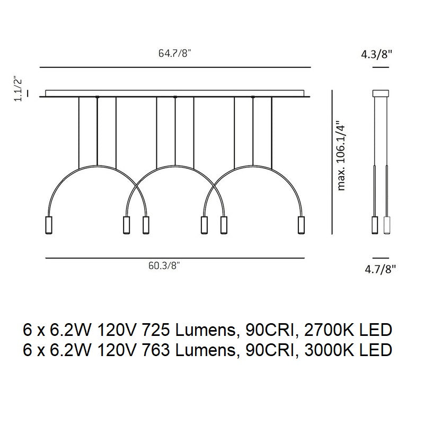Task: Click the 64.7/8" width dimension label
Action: [175, 53]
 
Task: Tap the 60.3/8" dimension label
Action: [164, 266]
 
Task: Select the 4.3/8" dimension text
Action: [376, 55]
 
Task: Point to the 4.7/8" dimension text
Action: [380, 269]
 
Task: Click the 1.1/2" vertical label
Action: [18, 89]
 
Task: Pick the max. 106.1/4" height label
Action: [341, 155]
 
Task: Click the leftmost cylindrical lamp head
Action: [49, 224]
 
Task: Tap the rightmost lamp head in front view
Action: [301, 224]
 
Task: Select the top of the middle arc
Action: [175, 166]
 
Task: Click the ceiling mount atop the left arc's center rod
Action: [98, 97]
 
